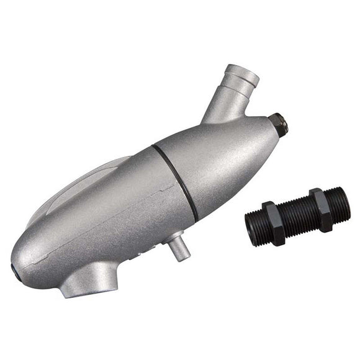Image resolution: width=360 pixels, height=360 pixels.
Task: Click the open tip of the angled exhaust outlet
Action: point(244,72)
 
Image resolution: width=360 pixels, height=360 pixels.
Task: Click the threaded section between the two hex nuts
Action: point(297,213)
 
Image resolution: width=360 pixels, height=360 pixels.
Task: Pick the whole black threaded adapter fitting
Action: point(297,213)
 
